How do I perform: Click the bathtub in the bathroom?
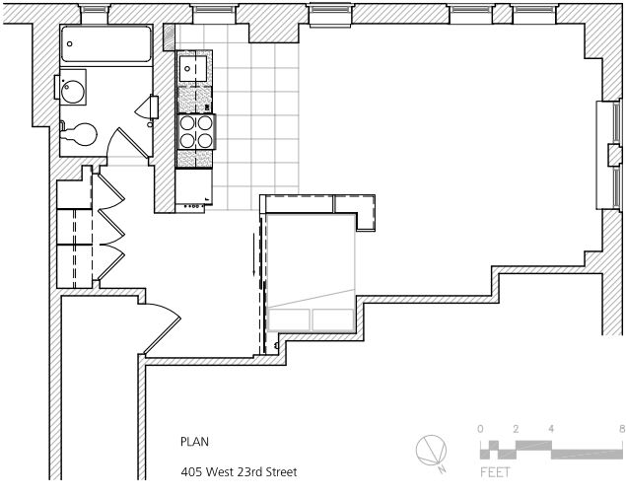pyautogui.click(x=106, y=44)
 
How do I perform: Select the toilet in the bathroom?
pyautogui.click(x=81, y=133)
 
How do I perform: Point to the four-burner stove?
pyautogui.click(x=195, y=131)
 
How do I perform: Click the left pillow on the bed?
pyautogui.click(x=289, y=319)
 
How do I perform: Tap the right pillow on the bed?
pyautogui.click(x=332, y=319)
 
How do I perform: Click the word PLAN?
pyautogui.click(x=194, y=443)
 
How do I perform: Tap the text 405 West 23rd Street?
pyautogui.click(x=238, y=472)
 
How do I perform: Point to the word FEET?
pyautogui.click(x=495, y=473)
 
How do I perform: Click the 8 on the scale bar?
pyautogui.click(x=621, y=429)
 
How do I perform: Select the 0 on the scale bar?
pyautogui.click(x=480, y=429)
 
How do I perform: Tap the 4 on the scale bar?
pyautogui.click(x=550, y=429)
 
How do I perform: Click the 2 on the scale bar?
pyautogui.click(x=515, y=429)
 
